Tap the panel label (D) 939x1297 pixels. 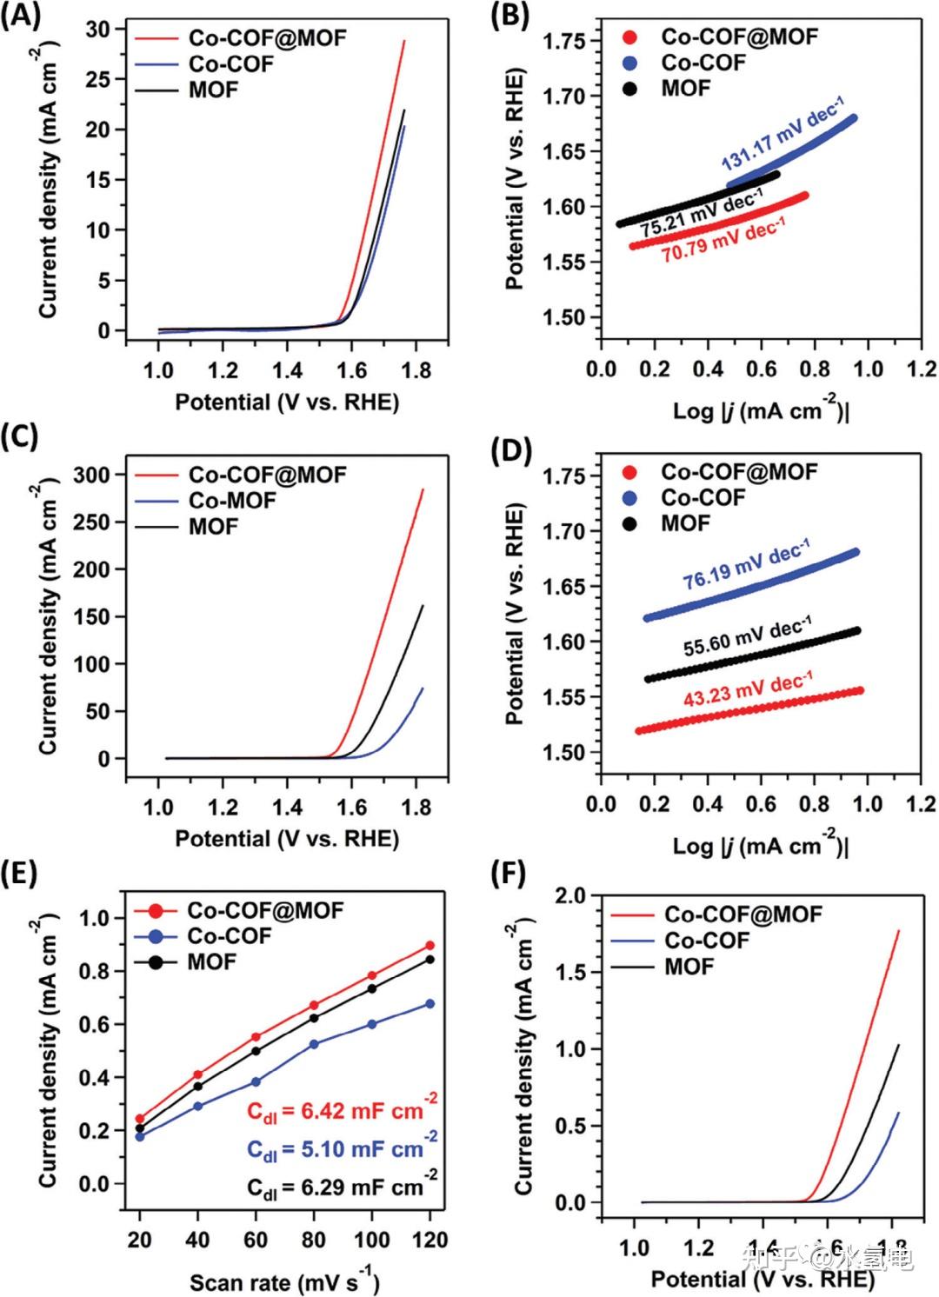point(510,451)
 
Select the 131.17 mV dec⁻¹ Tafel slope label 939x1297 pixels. point(782,135)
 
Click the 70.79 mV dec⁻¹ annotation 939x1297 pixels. point(723,241)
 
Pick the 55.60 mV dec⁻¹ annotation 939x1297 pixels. point(748,635)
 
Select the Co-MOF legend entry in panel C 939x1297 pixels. point(232,501)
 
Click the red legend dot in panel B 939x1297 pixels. point(630,37)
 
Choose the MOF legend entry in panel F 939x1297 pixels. point(689,967)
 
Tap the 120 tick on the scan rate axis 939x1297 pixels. point(430,1240)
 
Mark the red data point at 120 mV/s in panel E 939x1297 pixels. point(430,946)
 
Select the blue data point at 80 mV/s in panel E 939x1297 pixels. point(314,1044)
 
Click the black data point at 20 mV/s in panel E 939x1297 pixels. point(140,1128)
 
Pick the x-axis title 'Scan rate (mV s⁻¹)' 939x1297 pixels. point(283,1280)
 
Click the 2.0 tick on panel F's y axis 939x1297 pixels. point(571,895)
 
